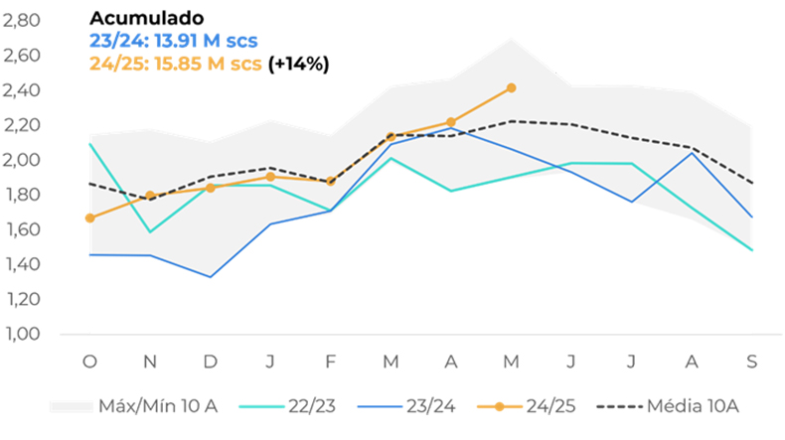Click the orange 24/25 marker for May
(511, 88)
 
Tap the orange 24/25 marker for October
(90, 218)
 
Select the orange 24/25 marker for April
(451, 122)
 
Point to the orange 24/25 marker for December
(211, 188)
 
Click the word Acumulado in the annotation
(147, 18)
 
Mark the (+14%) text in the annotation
(298, 64)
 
